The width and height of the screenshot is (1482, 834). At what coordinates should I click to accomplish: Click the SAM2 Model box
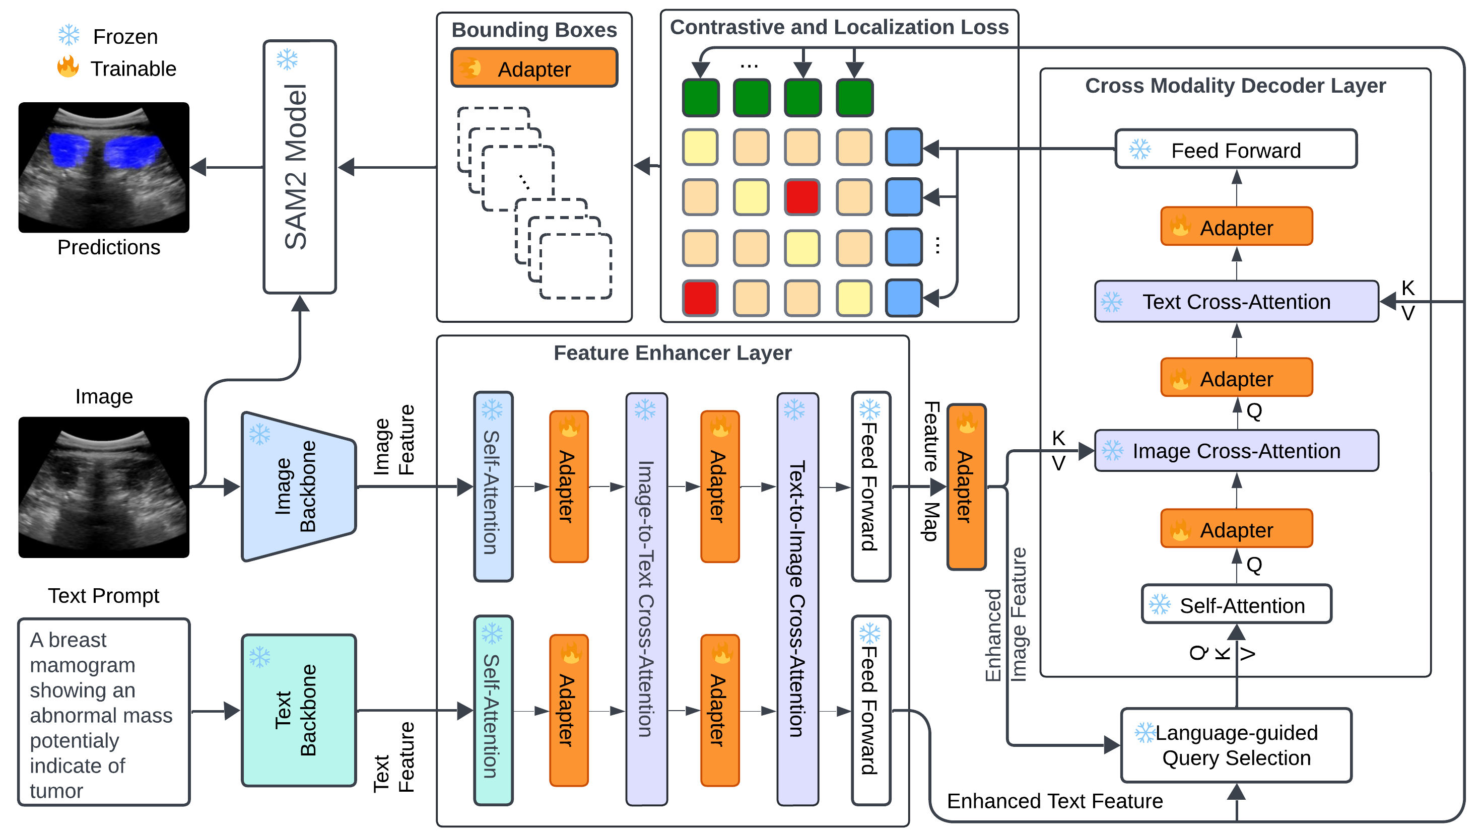[x=300, y=167]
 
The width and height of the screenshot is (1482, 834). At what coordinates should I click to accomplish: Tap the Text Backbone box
[x=299, y=710]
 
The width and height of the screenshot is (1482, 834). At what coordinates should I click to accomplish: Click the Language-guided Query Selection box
[x=1236, y=745]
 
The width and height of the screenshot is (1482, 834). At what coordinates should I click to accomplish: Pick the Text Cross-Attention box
[x=1236, y=301]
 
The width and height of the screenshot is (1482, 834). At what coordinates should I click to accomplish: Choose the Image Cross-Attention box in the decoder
[x=1236, y=451]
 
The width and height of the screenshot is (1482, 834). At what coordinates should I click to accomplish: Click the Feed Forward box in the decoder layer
[x=1236, y=150]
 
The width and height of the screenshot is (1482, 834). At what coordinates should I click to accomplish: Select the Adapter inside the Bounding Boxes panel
[x=534, y=68]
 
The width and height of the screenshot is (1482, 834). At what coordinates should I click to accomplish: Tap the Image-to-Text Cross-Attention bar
[x=647, y=598]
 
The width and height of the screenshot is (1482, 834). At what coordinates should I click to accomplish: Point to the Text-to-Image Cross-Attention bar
[x=797, y=598]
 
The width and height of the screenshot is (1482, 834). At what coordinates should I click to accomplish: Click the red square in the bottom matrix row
[x=700, y=298]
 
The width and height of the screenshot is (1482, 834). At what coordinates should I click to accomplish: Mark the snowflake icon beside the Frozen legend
[x=69, y=36]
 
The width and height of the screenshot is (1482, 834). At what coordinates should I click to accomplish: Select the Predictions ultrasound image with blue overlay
[x=104, y=167]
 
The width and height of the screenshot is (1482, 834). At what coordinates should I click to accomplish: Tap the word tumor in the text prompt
[x=56, y=791]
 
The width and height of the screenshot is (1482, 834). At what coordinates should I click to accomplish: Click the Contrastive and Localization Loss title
[x=839, y=27]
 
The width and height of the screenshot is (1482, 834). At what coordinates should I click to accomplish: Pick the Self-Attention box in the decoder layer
[x=1236, y=605]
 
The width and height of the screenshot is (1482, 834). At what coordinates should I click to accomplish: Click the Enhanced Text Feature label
[x=1054, y=801]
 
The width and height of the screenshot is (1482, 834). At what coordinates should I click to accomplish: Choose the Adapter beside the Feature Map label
[x=966, y=486]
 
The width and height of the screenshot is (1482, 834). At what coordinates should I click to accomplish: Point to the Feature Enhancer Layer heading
[x=672, y=353]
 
